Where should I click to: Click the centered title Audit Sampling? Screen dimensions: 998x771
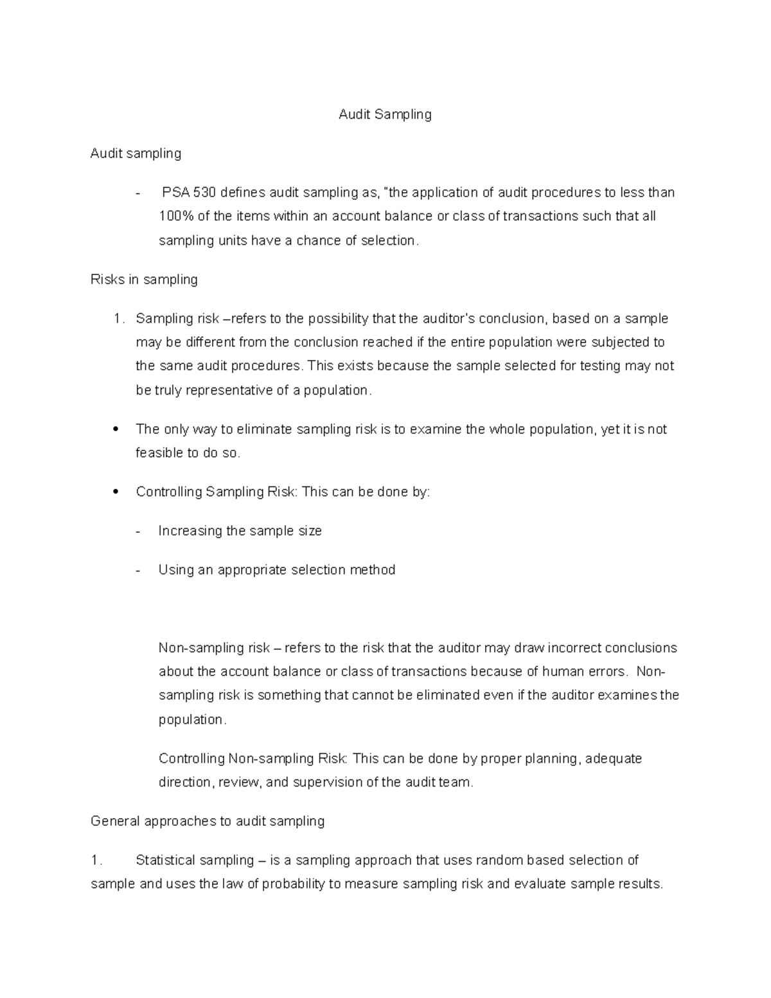tap(385, 114)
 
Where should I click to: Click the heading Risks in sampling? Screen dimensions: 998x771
tap(144, 280)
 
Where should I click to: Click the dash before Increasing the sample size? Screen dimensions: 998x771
tap(139, 531)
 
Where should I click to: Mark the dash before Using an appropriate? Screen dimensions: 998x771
tap(139, 571)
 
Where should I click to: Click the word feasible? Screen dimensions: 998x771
tap(159, 453)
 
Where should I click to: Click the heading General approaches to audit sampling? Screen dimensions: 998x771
tap(208, 821)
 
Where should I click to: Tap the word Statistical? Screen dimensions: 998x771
tap(165, 860)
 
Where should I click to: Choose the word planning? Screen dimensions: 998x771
tap(552, 759)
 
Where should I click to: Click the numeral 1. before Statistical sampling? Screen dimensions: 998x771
tap(96, 860)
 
